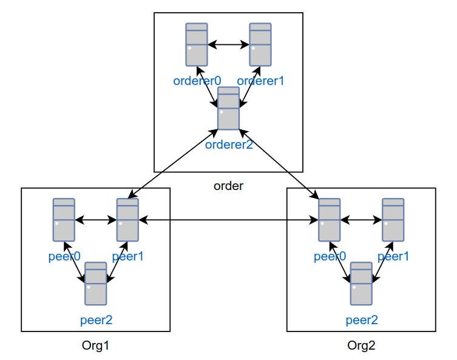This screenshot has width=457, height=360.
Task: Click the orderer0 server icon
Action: (197, 44)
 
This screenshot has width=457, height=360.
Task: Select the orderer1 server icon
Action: (260, 44)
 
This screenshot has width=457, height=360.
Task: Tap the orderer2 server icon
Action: (228, 108)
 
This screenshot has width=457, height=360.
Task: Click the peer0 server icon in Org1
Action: (64, 220)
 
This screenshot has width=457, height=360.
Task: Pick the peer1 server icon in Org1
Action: (127, 220)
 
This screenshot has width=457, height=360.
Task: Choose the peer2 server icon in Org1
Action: (96, 284)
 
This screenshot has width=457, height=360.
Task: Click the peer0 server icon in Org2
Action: (330, 220)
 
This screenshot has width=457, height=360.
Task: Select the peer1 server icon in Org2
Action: (393, 220)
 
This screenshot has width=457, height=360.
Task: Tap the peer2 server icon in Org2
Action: (361, 284)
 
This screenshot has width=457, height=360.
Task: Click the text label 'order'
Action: (228, 186)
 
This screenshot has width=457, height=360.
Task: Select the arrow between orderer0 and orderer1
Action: (228, 44)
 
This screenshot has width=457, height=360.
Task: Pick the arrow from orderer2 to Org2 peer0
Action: (280, 163)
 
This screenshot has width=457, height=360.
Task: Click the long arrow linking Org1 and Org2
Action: (228, 220)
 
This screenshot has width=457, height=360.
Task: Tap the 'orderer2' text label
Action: (229, 144)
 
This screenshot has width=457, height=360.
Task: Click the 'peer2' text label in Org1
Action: (96, 320)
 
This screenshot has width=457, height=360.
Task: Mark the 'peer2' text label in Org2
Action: (361, 320)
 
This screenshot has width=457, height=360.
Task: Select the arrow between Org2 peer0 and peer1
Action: (361, 220)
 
